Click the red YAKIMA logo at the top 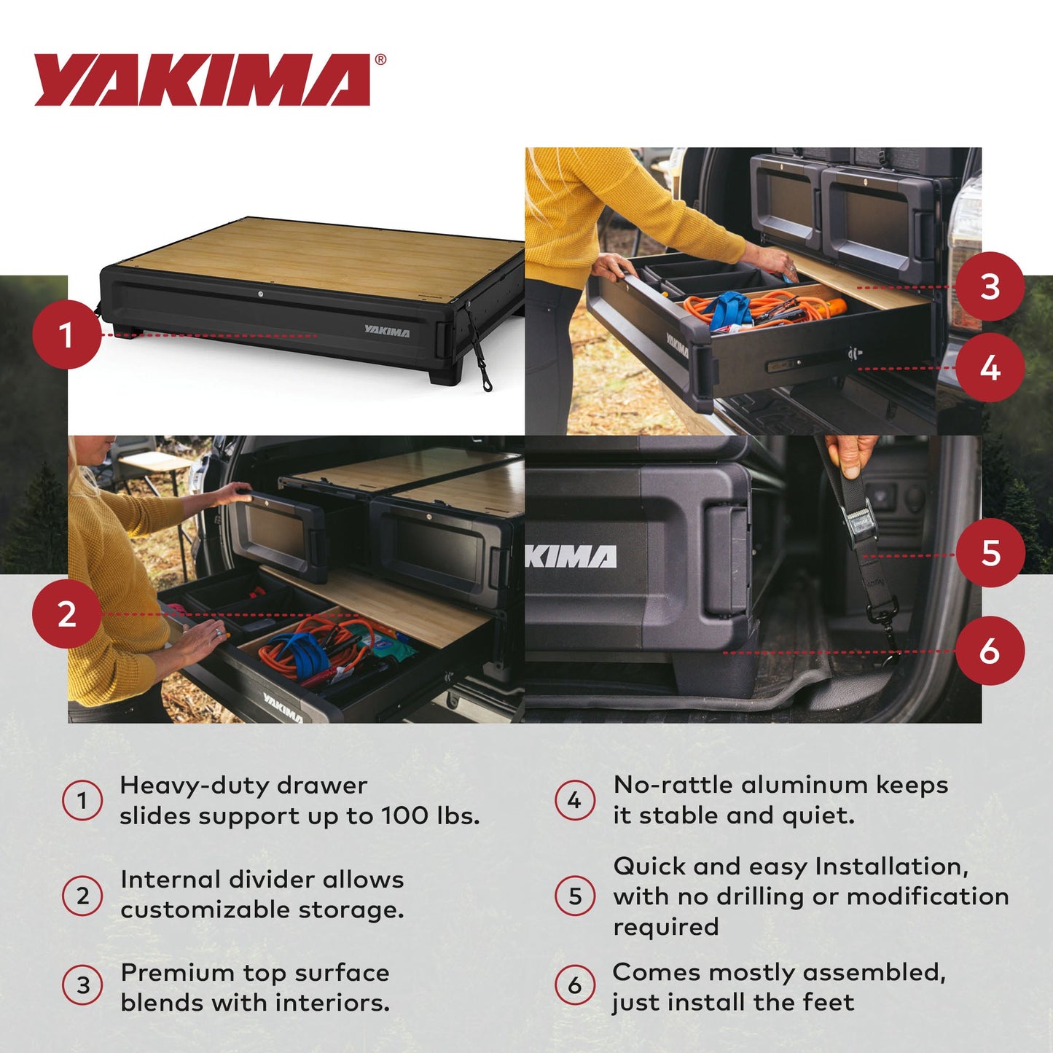[203, 80]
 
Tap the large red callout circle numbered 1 [66, 335]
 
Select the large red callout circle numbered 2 [66, 614]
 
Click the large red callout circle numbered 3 [990, 286]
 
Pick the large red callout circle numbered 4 [990, 368]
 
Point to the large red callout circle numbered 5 [990, 553]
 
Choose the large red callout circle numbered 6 [990, 651]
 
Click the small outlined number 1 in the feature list [82, 800]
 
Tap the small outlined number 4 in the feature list [575, 800]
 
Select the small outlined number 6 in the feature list [575, 985]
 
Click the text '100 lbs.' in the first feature [431, 815]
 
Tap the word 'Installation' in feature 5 [891, 866]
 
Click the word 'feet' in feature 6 [829, 1002]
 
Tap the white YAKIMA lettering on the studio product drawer [387, 332]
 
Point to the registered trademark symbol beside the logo [380, 60]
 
